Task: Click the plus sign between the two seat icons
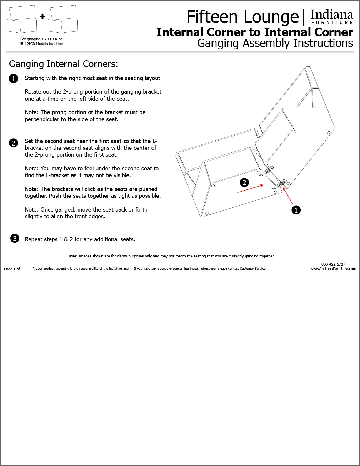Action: coord(43,17)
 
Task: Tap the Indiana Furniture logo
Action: coord(332,17)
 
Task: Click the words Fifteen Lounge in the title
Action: coord(242,17)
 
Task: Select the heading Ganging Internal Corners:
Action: coord(64,64)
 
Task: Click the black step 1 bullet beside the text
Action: coord(14,79)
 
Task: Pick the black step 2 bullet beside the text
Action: coord(14,143)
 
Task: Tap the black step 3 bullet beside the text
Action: coord(15,238)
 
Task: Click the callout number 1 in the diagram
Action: coord(296,210)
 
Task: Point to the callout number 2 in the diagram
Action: coord(244,183)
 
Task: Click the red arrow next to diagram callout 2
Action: coord(250,189)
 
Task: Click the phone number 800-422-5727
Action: coord(333,264)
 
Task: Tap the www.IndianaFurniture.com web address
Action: coord(333,269)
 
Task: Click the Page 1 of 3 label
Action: coord(14,269)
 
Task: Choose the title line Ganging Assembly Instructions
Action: coord(275,43)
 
